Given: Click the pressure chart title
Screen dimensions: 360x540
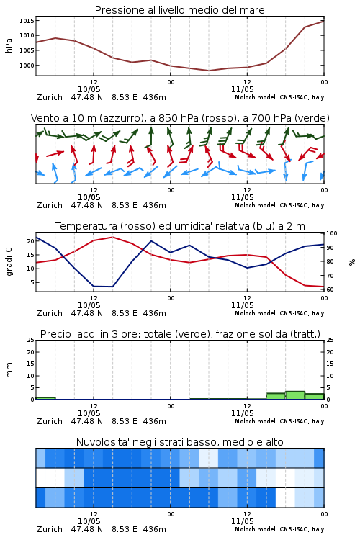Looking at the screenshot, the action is click(179, 10).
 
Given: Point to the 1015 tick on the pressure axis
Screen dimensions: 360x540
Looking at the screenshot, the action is click(27, 21).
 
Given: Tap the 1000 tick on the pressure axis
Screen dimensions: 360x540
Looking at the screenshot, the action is click(27, 66).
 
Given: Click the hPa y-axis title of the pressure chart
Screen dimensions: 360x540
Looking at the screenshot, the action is click(9, 45).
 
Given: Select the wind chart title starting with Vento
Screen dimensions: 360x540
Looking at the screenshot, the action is click(180, 118).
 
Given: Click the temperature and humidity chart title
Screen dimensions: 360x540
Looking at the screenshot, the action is click(180, 226).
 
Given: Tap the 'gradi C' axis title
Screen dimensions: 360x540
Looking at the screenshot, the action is click(9, 262).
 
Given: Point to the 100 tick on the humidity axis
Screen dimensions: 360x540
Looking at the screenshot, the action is click(332, 233).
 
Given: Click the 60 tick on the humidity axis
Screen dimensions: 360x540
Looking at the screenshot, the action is click(330, 289).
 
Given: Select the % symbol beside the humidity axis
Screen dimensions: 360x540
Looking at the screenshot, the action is click(352, 262).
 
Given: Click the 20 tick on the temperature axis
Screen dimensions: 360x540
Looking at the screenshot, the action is click(31, 241).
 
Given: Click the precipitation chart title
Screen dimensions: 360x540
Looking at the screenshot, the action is click(180, 334).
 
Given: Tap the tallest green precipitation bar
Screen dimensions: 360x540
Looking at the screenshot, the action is click(295, 395).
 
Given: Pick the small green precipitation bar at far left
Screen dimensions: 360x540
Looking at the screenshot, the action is click(45, 398).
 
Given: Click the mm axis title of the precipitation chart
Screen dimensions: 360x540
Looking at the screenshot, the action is click(9, 370).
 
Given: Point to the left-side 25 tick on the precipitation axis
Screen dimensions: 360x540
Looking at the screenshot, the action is click(31, 340).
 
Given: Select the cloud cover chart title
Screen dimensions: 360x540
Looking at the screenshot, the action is click(179, 442).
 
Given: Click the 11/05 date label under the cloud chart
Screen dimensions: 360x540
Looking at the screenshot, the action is click(243, 521).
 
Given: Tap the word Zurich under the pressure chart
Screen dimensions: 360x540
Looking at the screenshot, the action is click(49, 97).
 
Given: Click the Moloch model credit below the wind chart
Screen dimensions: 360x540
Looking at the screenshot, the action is click(279, 205).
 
